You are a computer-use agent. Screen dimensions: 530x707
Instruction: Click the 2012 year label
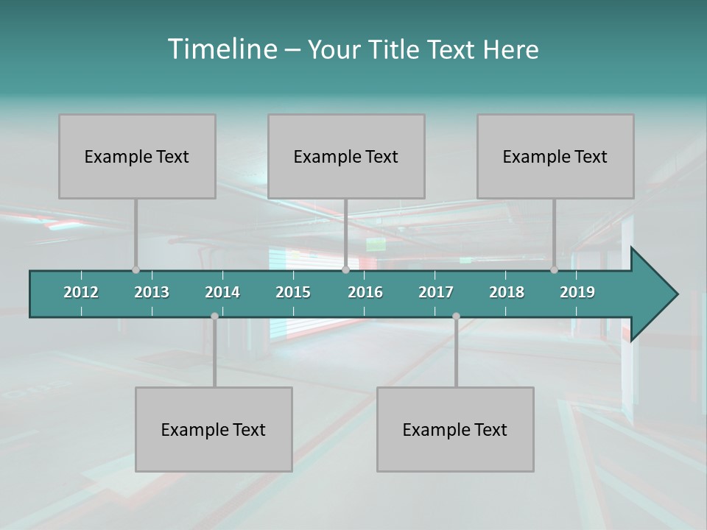81,292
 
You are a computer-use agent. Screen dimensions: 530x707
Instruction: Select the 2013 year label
152,292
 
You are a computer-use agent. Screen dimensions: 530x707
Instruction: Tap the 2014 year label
222,292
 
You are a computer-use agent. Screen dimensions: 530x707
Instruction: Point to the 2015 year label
293,292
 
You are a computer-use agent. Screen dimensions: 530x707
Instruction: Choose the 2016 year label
365,292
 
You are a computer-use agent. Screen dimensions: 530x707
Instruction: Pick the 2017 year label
436,292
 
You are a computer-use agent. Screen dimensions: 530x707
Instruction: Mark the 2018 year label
507,292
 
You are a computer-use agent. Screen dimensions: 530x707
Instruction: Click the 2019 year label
577,292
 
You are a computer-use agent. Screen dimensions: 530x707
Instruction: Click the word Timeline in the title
222,49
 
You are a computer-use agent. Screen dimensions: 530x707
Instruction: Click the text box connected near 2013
137,156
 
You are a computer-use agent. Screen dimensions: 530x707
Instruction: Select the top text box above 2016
346,156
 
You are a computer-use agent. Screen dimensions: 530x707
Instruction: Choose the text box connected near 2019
555,156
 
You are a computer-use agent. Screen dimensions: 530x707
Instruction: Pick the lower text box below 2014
214,429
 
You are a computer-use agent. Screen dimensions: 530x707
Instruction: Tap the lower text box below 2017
455,429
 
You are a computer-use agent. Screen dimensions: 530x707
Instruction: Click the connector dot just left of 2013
136,269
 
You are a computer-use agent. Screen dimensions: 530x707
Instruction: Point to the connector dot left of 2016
345,269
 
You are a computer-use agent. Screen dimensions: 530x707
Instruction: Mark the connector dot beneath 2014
214,316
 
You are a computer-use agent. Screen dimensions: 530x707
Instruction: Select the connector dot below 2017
456,316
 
